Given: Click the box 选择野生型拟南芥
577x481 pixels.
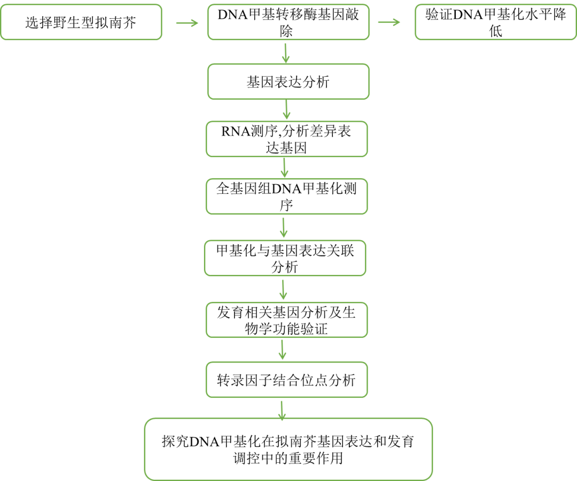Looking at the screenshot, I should (81, 22).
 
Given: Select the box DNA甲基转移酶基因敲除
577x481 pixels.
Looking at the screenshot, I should (288, 22).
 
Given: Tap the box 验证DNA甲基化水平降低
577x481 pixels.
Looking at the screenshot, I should (495, 22).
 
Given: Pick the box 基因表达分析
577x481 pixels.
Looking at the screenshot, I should (288, 82).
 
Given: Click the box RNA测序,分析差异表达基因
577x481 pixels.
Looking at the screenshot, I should (287, 139).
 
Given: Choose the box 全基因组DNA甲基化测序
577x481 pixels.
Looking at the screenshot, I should (287, 196).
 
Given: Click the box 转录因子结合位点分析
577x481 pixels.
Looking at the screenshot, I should (286, 380).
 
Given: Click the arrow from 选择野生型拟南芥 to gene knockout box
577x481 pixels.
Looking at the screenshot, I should (186, 23).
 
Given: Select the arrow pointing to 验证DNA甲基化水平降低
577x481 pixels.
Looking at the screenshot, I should (389, 22).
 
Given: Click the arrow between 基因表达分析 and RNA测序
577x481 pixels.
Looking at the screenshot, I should (286, 110).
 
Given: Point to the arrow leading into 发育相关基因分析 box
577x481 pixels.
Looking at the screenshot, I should (284, 289).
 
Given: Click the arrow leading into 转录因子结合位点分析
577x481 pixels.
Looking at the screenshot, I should (283, 350).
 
